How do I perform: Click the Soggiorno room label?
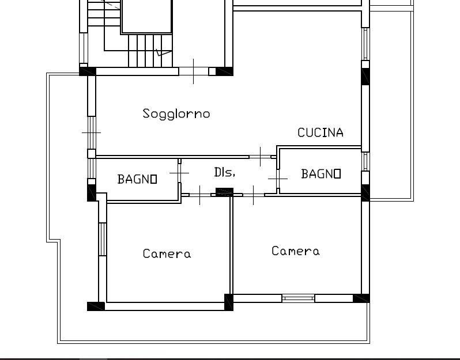(176, 113)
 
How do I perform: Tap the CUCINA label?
(321, 132)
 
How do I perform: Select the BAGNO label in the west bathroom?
(137, 179)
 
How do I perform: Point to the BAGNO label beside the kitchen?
(321, 173)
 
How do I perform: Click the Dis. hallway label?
(224, 172)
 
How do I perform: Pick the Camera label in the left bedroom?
(167, 253)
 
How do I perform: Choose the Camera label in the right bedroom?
(295, 251)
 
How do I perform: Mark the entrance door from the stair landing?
(193, 71)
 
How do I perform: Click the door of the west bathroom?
(179, 173)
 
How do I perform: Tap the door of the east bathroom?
(278, 178)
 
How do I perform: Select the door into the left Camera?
(200, 195)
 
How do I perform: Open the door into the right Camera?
(254, 195)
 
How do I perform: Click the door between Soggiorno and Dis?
(260, 157)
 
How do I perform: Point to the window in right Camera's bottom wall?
(299, 298)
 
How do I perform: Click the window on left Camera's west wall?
(102, 239)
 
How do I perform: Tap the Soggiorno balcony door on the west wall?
(92, 133)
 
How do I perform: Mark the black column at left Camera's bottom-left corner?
(96, 306)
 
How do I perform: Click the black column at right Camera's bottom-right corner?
(361, 298)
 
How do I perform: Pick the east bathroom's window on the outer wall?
(365, 161)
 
